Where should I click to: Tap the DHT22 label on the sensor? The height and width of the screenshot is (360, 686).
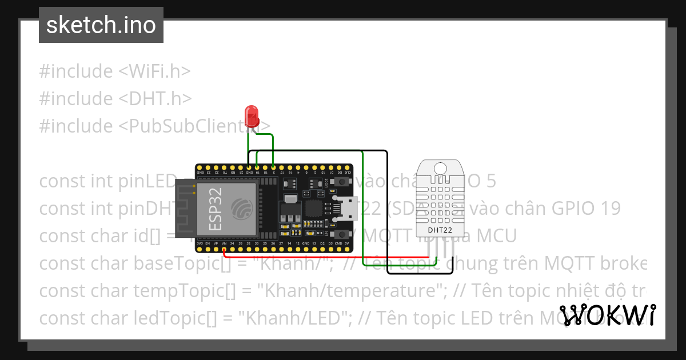pos(440,230)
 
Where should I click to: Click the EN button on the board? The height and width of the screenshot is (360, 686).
pos(341,234)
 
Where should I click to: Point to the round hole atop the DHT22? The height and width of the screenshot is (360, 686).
pos(440,168)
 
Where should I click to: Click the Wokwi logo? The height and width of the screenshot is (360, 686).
pos(608,315)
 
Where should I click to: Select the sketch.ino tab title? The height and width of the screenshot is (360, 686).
pos(101,25)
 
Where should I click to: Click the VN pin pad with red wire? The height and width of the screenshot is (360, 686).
pos(224,249)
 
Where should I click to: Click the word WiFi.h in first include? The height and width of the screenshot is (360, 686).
pos(154,71)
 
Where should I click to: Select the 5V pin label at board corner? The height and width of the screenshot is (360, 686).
pos(346,243)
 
